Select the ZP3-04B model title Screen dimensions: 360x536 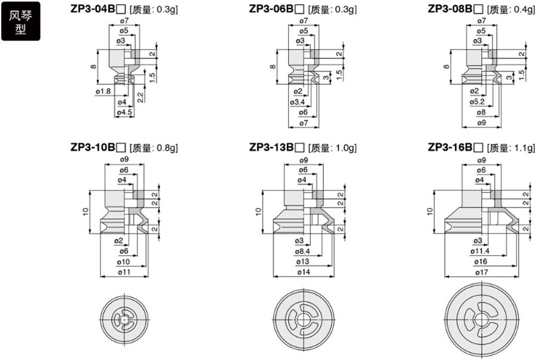[94, 9]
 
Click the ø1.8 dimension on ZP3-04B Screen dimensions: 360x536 [103, 91]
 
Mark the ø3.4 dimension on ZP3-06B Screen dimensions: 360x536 [298, 102]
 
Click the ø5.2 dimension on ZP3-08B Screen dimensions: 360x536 [477, 102]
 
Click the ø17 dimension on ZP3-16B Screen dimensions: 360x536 [481, 272]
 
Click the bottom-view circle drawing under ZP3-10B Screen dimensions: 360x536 [124, 317]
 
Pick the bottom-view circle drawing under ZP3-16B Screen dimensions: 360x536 [482, 317]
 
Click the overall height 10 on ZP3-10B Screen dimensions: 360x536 [86, 212]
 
